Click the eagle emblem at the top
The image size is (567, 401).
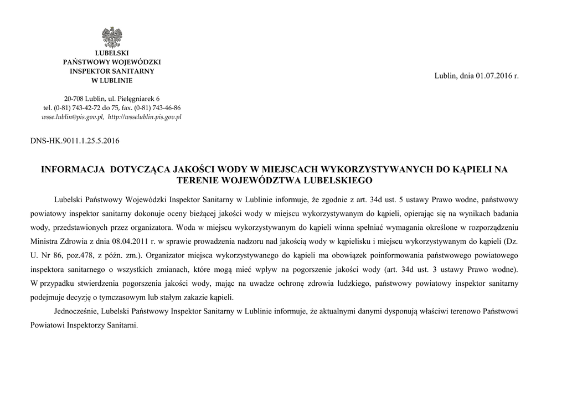(112, 37)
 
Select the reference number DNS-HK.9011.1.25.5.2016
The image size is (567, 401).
(75, 141)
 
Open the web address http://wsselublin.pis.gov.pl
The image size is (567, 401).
(145, 117)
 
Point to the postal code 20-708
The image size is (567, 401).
(74, 99)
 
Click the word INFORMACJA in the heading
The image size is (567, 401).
(74, 170)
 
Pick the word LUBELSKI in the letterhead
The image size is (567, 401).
(112, 53)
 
